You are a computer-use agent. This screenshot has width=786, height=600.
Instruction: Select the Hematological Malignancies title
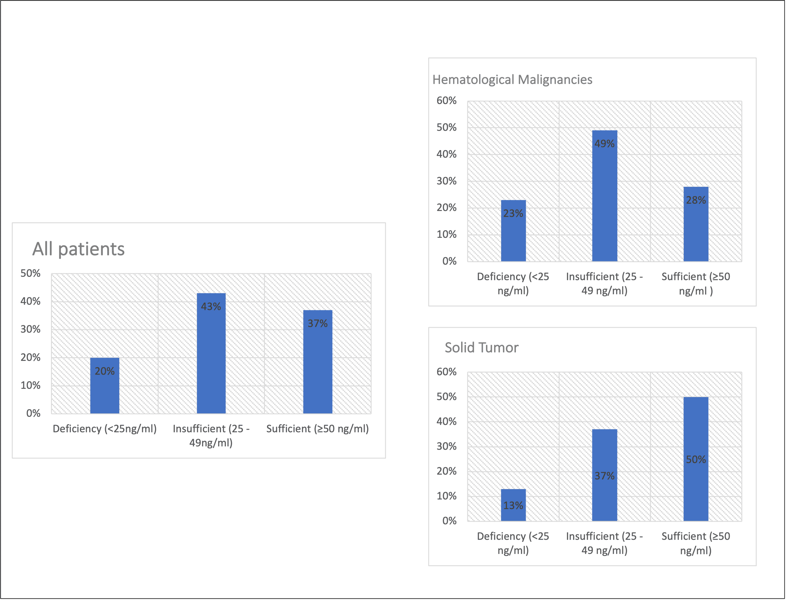512,79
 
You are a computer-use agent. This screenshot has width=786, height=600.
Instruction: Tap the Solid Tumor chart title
481,348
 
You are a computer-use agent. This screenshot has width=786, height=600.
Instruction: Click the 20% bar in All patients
105,386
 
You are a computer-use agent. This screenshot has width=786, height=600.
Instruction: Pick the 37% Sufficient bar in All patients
318,362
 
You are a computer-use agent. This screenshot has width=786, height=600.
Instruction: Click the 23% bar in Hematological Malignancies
513,231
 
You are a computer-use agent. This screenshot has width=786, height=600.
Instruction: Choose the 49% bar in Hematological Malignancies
604,196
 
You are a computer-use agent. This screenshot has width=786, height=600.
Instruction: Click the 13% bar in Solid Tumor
513,505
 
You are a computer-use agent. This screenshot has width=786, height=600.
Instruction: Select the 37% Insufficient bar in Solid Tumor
604,475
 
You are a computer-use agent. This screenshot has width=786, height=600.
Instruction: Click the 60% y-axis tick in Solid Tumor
446,372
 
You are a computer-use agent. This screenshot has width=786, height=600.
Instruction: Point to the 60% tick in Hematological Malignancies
446,101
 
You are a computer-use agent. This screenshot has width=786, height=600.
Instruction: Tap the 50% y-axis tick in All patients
30,274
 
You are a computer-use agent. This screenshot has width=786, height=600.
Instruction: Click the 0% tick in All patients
33,414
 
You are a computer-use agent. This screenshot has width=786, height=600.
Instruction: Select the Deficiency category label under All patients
105,429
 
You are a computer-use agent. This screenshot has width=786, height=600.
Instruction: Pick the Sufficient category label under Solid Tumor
696,543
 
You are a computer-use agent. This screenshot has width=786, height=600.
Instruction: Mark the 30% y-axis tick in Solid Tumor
446,446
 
